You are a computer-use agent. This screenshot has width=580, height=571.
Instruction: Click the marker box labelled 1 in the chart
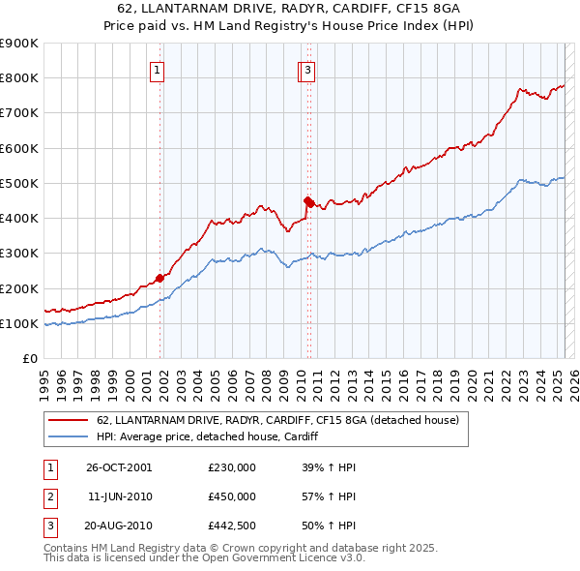click(x=156, y=69)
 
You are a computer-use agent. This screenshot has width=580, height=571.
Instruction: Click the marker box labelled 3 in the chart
click(x=307, y=69)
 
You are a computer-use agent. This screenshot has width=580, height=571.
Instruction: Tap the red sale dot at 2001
click(x=159, y=278)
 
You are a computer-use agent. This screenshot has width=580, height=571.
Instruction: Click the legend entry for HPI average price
click(x=207, y=437)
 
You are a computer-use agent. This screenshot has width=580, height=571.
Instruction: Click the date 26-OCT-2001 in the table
click(x=119, y=467)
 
